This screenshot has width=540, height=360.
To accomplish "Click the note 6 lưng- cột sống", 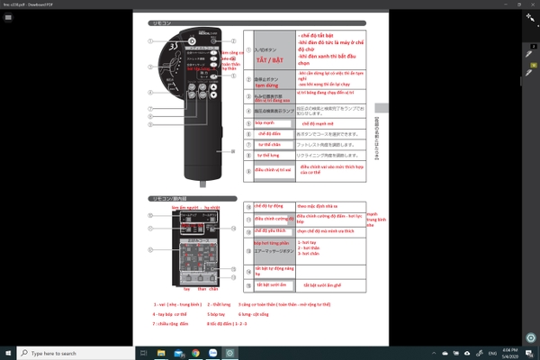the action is tap(256, 314).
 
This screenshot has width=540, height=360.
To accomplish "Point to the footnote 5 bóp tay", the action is tap(220, 314).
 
